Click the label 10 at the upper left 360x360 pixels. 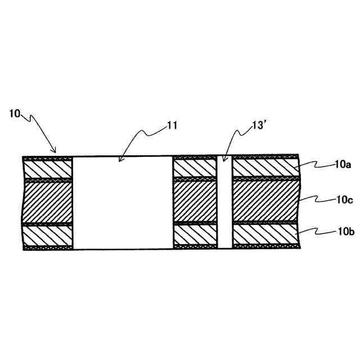[x=15, y=114]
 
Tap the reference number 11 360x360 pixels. [x=172, y=125]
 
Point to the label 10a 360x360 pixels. [x=343, y=164]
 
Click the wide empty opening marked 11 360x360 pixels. [x=123, y=202]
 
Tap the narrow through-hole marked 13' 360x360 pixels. [x=224, y=202]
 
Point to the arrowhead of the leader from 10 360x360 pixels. [x=55, y=152]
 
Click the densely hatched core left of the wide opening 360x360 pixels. [x=48, y=202]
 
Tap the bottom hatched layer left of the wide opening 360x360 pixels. [x=48, y=235]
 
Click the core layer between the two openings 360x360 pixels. [x=195, y=202]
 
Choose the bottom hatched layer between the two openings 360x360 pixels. [x=195, y=235]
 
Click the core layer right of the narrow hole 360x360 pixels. [x=264, y=202]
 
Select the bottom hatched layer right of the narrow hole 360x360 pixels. [x=264, y=235]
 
